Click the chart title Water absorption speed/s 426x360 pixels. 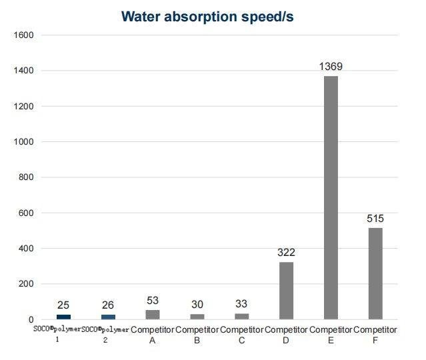coord(207,17)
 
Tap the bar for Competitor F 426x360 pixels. coord(375,273)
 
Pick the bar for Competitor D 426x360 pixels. coord(286,291)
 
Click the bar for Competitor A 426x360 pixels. coord(153,315)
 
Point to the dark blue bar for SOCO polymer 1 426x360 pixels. coord(63,317)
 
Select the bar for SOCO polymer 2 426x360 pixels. coord(108,317)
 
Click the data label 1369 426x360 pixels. coord(331,67)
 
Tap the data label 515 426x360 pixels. coord(375,219)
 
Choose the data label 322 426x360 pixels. coord(286,253)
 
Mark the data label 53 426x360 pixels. coord(153,301)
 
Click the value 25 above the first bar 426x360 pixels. coord(63,305)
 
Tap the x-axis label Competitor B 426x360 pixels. coord(197,335)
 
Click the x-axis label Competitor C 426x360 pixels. coord(241,335)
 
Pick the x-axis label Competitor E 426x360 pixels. coord(331,335)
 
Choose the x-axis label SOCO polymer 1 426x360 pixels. coord(57,334)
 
